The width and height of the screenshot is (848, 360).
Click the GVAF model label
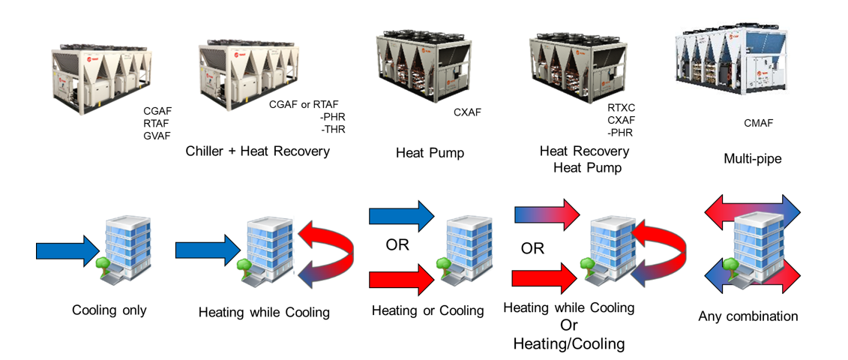click(x=157, y=136)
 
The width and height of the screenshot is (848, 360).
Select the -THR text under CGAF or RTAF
click(x=332, y=129)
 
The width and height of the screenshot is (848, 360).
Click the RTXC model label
click(x=622, y=107)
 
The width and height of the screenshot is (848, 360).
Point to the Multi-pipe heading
click(x=754, y=159)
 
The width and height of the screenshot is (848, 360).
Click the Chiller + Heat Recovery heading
click(x=258, y=151)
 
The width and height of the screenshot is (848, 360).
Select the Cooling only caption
click(x=109, y=310)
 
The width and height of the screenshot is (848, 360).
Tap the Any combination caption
click(x=748, y=316)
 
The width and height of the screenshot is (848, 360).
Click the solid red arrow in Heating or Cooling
click(x=402, y=280)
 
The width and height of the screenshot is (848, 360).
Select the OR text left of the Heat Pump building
click(x=397, y=245)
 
